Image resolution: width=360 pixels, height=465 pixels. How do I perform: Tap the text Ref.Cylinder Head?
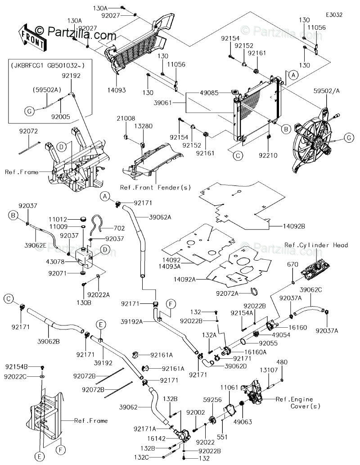pos(322,245)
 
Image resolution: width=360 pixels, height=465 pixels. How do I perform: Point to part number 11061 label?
pos(229,387)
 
